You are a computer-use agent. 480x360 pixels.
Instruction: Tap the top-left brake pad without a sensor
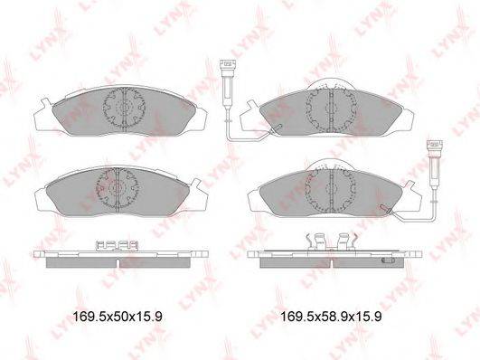point(118,114)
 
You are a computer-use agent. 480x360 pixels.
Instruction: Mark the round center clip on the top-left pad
point(121,109)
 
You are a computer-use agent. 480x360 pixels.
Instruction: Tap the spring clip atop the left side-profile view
point(116,245)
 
